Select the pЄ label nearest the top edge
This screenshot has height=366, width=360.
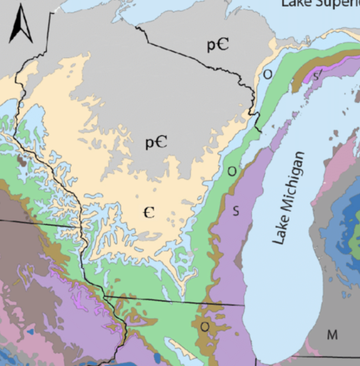pyautogui.click(x=217, y=45)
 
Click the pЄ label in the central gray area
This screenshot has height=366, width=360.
pyautogui.click(x=156, y=142)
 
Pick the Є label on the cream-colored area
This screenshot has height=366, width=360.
pyautogui.click(x=149, y=213)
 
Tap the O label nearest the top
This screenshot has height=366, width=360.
pyautogui.click(x=267, y=75)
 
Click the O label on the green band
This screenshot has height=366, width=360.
pyautogui.click(x=232, y=171)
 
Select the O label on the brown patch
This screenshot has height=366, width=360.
pyautogui.click(x=205, y=327)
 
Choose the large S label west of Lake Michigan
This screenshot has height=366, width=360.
pyautogui.click(x=236, y=211)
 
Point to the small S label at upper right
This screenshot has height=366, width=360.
pyautogui.click(x=316, y=76)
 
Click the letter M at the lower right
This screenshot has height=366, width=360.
pyautogui.click(x=332, y=335)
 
